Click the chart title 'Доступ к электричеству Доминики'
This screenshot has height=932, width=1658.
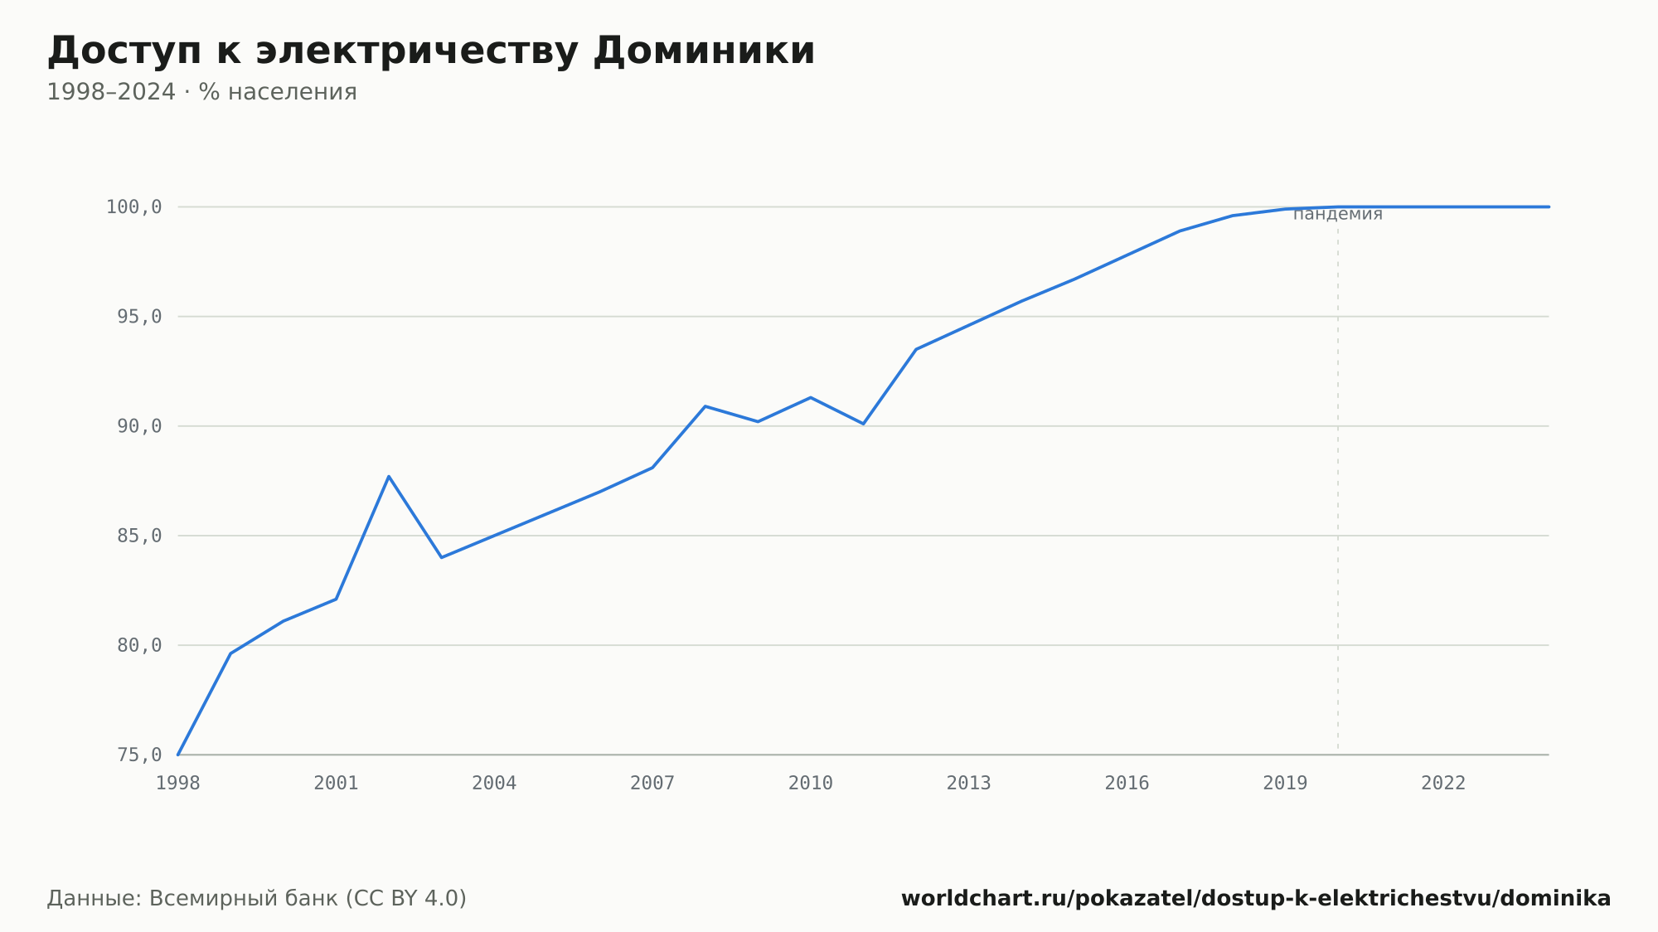pyautogui.click(x=431, y=51)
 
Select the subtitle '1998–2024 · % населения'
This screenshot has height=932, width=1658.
pyautogui.click(x=201, y=92)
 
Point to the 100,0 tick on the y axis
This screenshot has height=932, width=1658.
pyautogui.click(x=133, y=207)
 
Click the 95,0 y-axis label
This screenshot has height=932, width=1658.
pyautogui.click(x=139, y=317)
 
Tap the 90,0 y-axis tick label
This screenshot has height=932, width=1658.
pyautogui.click(x=139, y=426)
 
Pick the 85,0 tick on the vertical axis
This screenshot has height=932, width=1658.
pyautogui.click(x=139, y=536)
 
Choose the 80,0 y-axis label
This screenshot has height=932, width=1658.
pyautogui.click(x=139, y=645)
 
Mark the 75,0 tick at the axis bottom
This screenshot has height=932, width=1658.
pyautogui.click(x=139, y=755)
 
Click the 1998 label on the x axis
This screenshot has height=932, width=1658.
pyautogui.click(x=178, y=784)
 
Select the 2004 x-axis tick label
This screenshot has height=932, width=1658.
pyautogui.click(x=494, y=784)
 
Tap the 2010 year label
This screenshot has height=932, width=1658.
pyautogui.click(x=811, y=784)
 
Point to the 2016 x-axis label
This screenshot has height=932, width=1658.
pyautogui.click(x=1127, y=784)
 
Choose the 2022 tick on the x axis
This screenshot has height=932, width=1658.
pyautogui.click(x=1443, y=784)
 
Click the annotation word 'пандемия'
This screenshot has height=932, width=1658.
pyautogui.click(x=1338, y=215)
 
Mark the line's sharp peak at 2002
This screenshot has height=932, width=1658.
pyautogui.click(x=389, y=476)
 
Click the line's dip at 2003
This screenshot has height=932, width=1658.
pyautogui.click(x=442, y=557)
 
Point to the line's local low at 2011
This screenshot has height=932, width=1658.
pyautogui.click(x=863, y=424)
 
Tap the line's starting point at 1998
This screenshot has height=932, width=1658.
pyautogui.click(x=178, y=755)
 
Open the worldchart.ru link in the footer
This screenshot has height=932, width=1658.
pyautogui.click(x=1256, y=899)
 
